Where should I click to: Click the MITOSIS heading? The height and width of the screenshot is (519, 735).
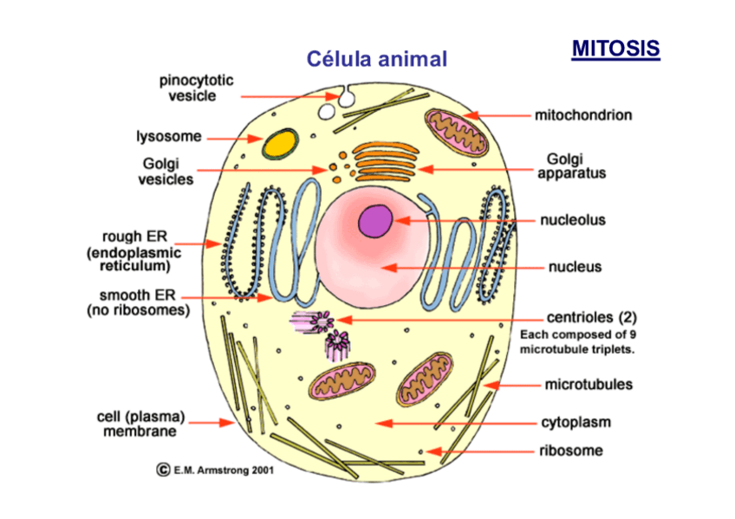[x=615, y=49]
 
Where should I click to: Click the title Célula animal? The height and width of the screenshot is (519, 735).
[x=377, y=60]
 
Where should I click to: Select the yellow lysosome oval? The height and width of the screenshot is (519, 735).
[x=279, y=143]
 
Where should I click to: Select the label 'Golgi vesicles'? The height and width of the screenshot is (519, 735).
[x=167, y=171]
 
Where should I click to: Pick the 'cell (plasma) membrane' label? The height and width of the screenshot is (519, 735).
[x=140, y=424]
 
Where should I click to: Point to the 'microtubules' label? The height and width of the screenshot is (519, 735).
[x=589, y=384]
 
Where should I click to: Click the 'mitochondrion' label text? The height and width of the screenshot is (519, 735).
[x=582, y=114]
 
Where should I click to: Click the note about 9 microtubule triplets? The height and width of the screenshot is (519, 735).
[x=577, y=342]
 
